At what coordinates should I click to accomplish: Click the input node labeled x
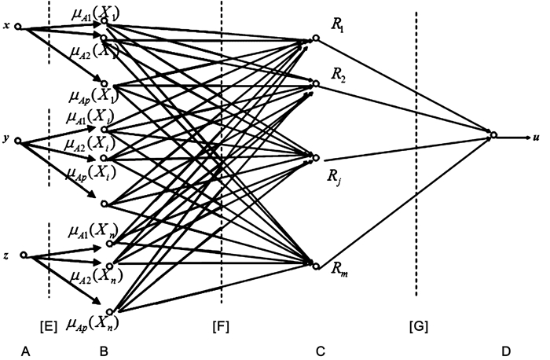(18, 29)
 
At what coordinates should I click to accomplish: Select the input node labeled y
(18, 142)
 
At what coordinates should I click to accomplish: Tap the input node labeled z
(24, 255)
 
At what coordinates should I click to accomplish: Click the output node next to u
(493, 135)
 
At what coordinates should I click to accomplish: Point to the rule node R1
(314, 39)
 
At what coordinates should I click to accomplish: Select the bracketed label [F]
(222, 325)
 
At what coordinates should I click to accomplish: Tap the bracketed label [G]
(418, 325)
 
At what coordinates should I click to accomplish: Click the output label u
(536, 137)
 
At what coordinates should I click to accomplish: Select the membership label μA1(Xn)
(93, 230)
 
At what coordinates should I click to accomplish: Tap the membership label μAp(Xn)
(93, 321)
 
